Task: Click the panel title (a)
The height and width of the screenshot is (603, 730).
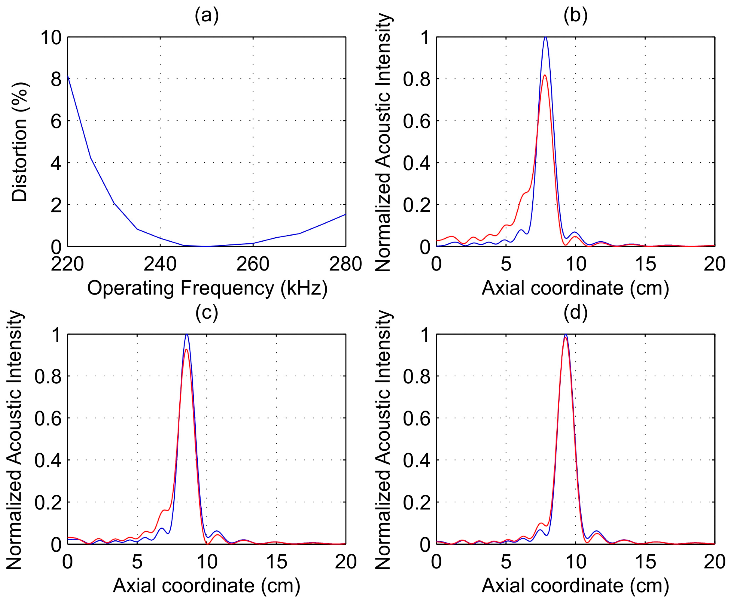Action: pos(207,16)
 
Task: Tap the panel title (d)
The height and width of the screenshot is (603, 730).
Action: pos(575,312)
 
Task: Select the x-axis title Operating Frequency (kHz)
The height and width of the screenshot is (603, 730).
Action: pos(207,288)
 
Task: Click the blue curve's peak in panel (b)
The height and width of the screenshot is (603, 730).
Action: pos(545,37)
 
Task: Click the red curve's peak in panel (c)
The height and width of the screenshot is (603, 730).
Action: pos(186,349)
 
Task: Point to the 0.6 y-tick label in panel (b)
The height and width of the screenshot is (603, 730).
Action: pos(416,121)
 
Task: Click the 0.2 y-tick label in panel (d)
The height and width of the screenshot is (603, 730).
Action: pos(416,502)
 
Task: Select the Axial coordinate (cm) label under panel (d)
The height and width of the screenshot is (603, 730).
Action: pos(575,586)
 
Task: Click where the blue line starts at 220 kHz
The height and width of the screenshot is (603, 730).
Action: pos(68,76)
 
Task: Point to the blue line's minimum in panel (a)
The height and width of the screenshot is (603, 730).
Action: pos(207,246)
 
